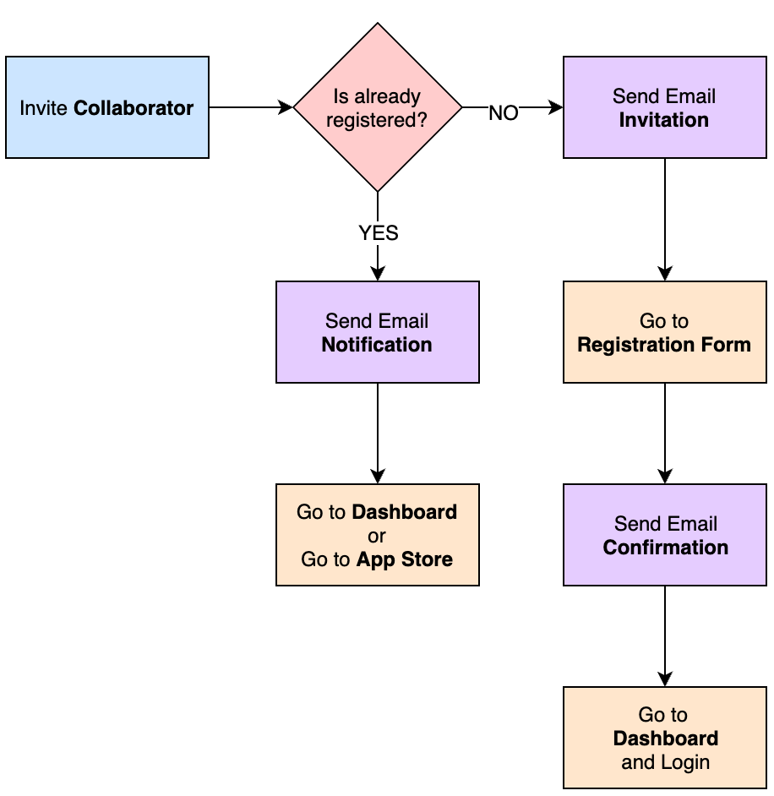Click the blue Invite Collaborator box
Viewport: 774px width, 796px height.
pos(106,107)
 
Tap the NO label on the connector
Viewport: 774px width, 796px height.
pos(503,113)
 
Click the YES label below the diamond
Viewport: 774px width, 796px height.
pos(378,232)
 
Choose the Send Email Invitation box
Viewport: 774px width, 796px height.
pos(664,107)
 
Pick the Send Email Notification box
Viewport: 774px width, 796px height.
pos(378,332)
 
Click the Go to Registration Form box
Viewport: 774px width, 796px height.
pos(664,332)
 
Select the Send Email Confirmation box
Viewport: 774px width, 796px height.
pos(664,535)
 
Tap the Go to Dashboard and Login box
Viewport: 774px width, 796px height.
pos(664,738)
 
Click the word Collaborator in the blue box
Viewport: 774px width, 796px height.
pos(134,108)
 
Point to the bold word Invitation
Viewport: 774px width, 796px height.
pos(664,120)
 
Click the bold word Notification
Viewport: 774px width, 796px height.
pos(377,345)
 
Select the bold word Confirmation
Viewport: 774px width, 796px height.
pos(665,548)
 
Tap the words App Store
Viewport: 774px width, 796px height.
pos(404,559)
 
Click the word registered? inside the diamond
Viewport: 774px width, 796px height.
pos(377,120)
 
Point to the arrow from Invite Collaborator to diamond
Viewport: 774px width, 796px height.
pos(250,107)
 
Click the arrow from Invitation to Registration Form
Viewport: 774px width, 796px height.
pos(664,220)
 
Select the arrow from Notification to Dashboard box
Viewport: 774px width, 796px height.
pos(378,433)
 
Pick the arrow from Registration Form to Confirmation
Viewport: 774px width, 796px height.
pos(664,433)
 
